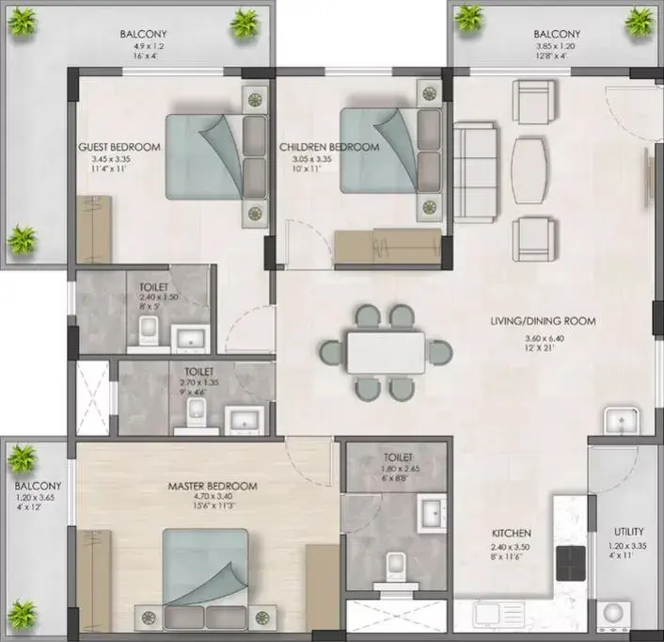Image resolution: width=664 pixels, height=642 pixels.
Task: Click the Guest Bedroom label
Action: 119,147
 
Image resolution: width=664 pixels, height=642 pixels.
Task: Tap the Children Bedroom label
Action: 329,147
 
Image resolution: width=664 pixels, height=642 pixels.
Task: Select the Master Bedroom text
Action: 213,486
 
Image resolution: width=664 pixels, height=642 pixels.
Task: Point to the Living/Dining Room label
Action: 544,321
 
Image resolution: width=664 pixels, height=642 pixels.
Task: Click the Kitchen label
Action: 511,533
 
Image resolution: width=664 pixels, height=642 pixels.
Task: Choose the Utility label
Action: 629,532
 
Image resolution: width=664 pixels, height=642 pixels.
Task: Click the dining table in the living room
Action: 386,353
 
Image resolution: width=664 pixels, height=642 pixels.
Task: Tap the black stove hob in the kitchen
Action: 571,563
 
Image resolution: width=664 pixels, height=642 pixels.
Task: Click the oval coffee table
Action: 529,170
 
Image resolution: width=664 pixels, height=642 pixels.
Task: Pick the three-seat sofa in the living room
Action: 475,172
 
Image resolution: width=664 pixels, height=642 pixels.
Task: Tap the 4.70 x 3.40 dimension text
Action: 213,496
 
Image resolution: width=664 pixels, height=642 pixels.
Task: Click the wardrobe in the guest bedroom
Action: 94,229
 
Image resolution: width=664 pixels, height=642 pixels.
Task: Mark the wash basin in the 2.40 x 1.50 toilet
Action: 190,338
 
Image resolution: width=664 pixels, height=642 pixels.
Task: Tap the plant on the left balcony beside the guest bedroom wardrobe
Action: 23,239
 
